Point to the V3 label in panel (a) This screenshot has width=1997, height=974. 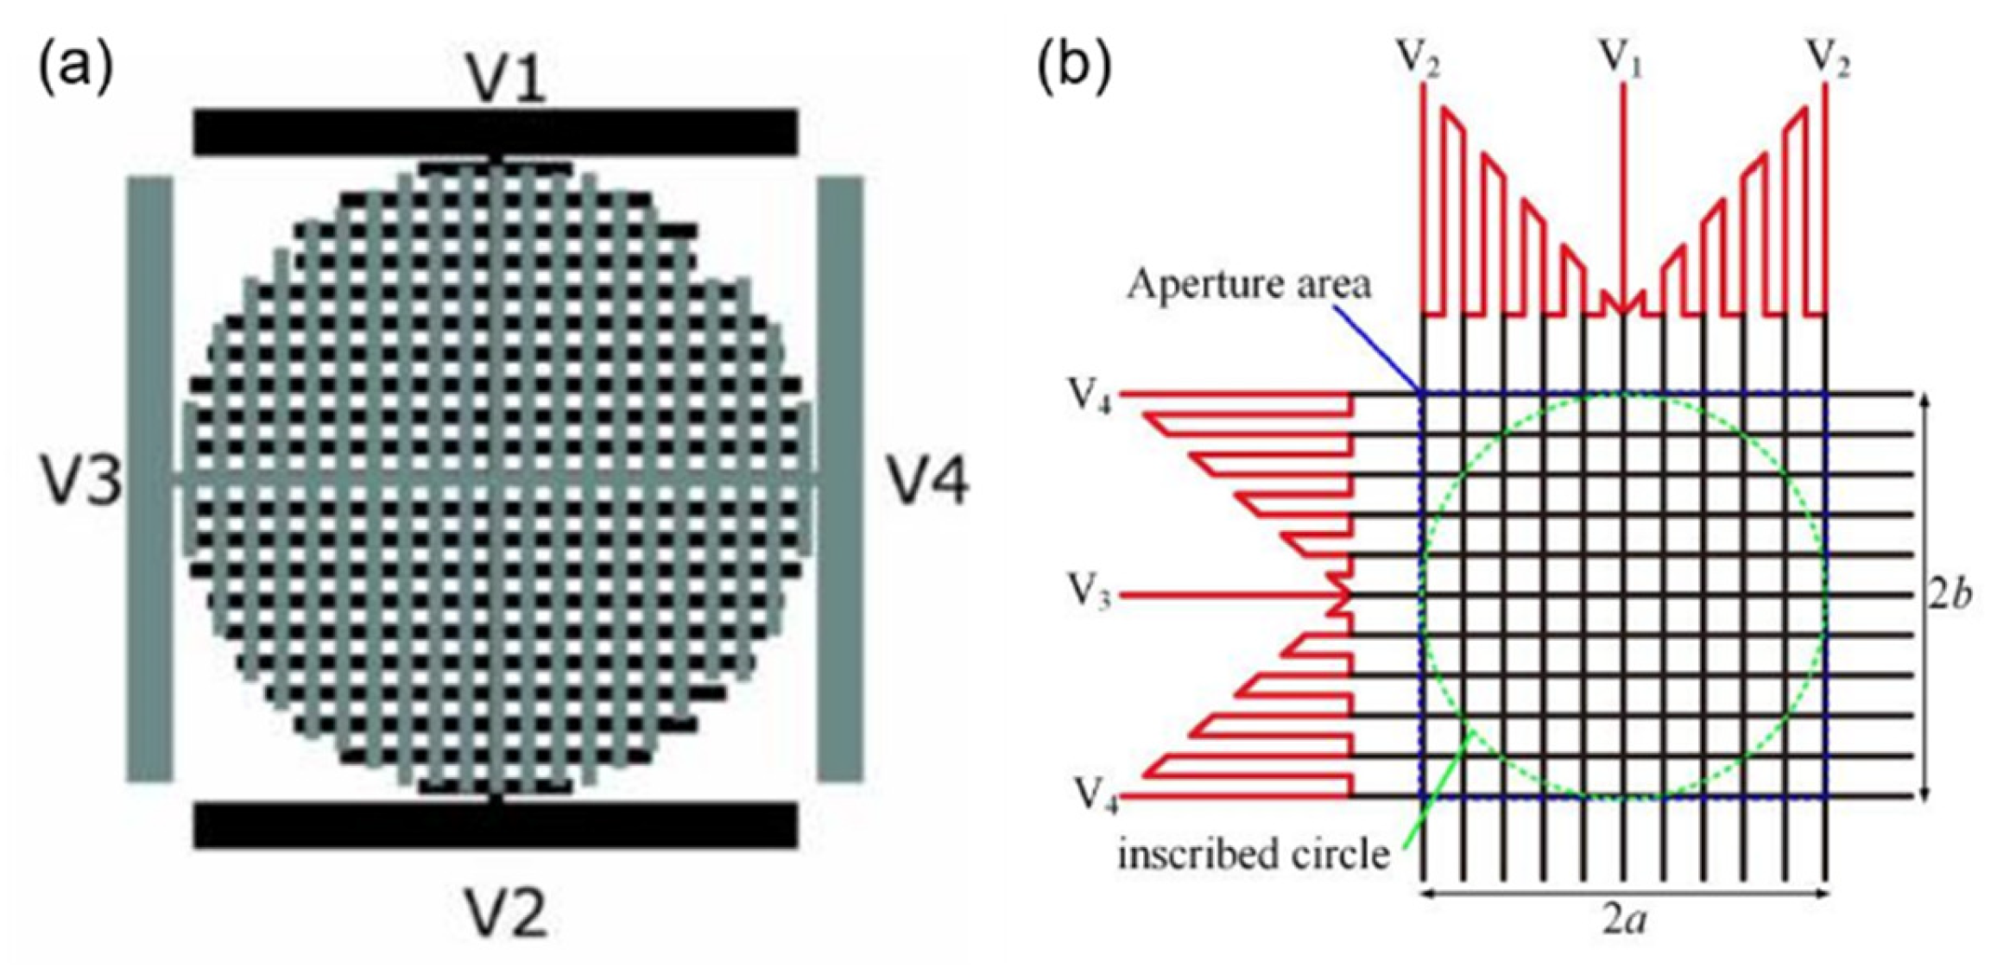[x=80, y=479]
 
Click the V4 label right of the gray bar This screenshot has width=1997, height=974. [x=929, y=480]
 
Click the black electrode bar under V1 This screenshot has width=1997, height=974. [x=495, y=132]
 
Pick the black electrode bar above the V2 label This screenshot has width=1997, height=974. [x=495, y=825]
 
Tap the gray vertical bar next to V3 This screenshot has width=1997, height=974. [x=150, y=479]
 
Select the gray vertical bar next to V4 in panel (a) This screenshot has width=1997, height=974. [x=840, y=479]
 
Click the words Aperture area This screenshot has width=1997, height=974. [x=1248, y=284]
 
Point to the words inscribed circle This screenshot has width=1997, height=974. [x=1254, y=855]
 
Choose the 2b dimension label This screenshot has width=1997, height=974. [x=1950, y=596]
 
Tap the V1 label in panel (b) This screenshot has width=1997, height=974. [x=1621, y=59]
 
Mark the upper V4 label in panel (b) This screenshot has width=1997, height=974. [x=1090, y=395]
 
